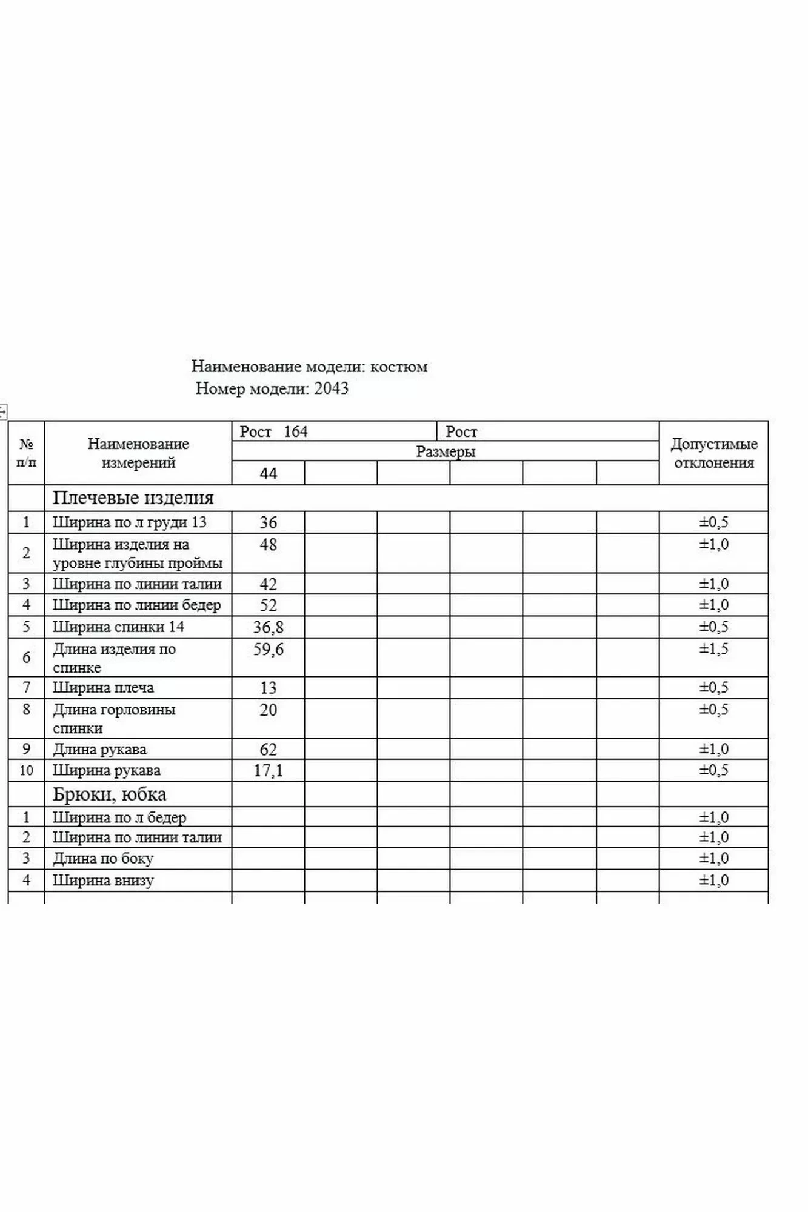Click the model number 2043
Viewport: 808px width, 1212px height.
[x=331, y=388]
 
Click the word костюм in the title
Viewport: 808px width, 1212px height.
[x=399, y=367]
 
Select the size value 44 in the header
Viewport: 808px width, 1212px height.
[x=268, y=473]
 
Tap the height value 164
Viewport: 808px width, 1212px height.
[x=296, y=432]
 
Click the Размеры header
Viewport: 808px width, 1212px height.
[x=446, y=451]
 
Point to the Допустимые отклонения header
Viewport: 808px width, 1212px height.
[x=714, y=453]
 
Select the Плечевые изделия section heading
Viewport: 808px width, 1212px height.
[x=133, y=498]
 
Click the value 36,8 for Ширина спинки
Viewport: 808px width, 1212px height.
[x=268, y=627]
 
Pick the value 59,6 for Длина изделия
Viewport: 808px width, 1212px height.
[x=268, y=650]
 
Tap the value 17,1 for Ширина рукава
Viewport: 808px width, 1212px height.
[x=268, y=771]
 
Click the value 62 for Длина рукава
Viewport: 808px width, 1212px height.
[x=268, y=750]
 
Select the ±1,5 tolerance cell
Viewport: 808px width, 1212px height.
[x=714, y=649]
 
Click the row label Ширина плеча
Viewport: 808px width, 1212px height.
[x=103, y=688]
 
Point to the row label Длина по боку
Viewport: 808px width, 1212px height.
[x=103, y=859]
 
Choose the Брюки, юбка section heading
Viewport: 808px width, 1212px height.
[x=109, y=794]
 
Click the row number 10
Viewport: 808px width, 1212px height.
[x=26, y=771]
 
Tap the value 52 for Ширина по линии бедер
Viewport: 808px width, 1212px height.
[x=268, y=605]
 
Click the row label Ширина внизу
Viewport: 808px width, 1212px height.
[x=103, y=881]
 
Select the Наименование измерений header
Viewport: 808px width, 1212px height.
[x=138, y=453]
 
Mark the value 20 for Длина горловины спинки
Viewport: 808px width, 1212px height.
[x=268, y=710]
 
